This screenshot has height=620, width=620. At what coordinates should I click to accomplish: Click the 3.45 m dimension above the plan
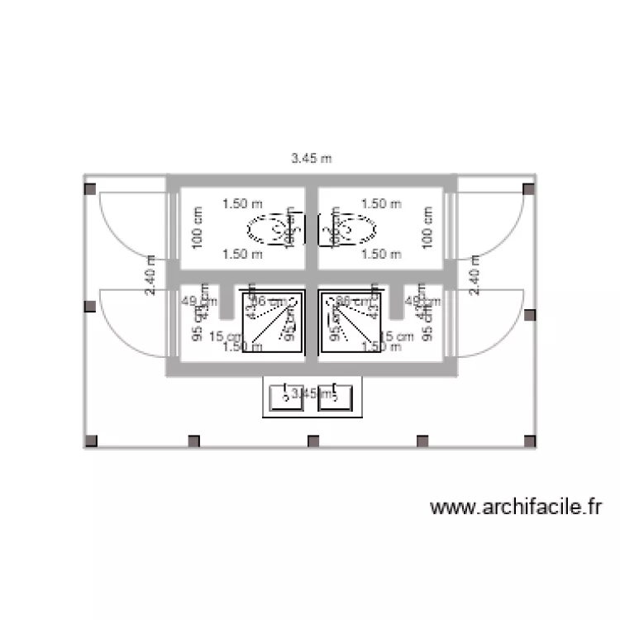tap(311, 158)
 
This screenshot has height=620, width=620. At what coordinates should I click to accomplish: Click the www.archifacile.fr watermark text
tap(515, 507)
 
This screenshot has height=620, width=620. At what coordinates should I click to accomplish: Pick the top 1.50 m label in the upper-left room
tap(242, 203)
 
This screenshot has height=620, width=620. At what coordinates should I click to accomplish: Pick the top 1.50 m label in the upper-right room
tap(381, 203)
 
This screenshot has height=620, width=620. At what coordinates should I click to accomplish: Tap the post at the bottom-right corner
tap(529, 441)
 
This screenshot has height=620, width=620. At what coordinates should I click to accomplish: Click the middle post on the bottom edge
tap(313, 441)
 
